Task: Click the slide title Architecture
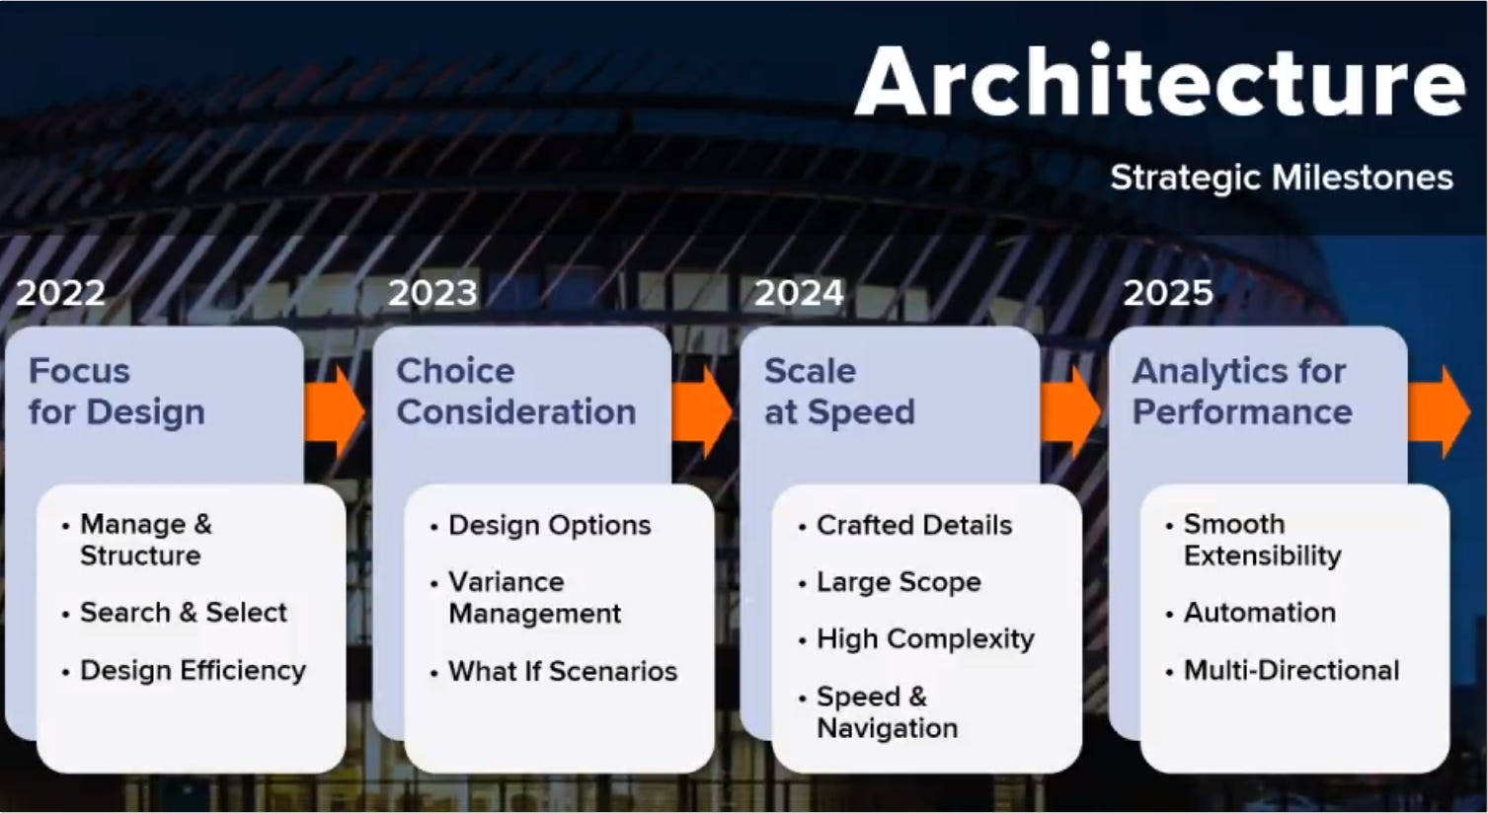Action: [1159, 81]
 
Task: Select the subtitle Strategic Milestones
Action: [1281, 178]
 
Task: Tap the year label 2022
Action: [60, 293]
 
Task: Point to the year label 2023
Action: [432, 293]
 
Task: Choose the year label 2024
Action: [799, 293]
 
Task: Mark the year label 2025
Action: [1168, 293]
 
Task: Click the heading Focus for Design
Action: [117, 392]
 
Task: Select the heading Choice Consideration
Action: [515, 392]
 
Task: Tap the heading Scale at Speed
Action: [839, 392]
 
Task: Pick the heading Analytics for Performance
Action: [1241, 392]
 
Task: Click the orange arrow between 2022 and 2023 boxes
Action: [335, 411]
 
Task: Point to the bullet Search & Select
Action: [183, 613]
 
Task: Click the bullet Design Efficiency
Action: [193, 671]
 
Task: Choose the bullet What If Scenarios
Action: [562, 672]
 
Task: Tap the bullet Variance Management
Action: [533, 598]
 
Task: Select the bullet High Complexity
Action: [924, 639]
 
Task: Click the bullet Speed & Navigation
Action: [886, 712]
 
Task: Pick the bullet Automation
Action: [1259, 613]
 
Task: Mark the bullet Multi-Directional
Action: [1291, 671]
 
